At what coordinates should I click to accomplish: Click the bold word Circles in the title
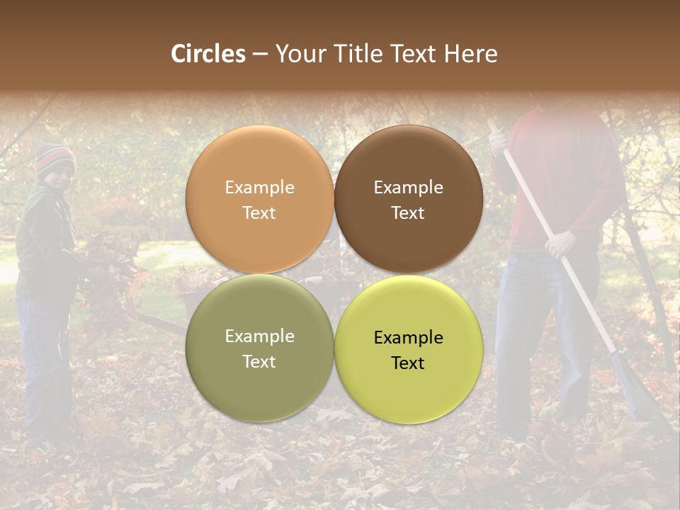click(208, 54)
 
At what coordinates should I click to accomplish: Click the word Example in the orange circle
click(259, 188)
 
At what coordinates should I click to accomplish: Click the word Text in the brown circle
click(408, 213)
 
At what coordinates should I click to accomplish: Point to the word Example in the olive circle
click(259, 336)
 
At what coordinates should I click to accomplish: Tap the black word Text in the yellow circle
click(408, 363)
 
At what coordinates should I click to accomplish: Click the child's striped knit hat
click(55, 157)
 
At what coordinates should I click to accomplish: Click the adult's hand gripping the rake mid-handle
click(559, 244)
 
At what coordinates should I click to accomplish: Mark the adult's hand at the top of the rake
click(499, 138)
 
